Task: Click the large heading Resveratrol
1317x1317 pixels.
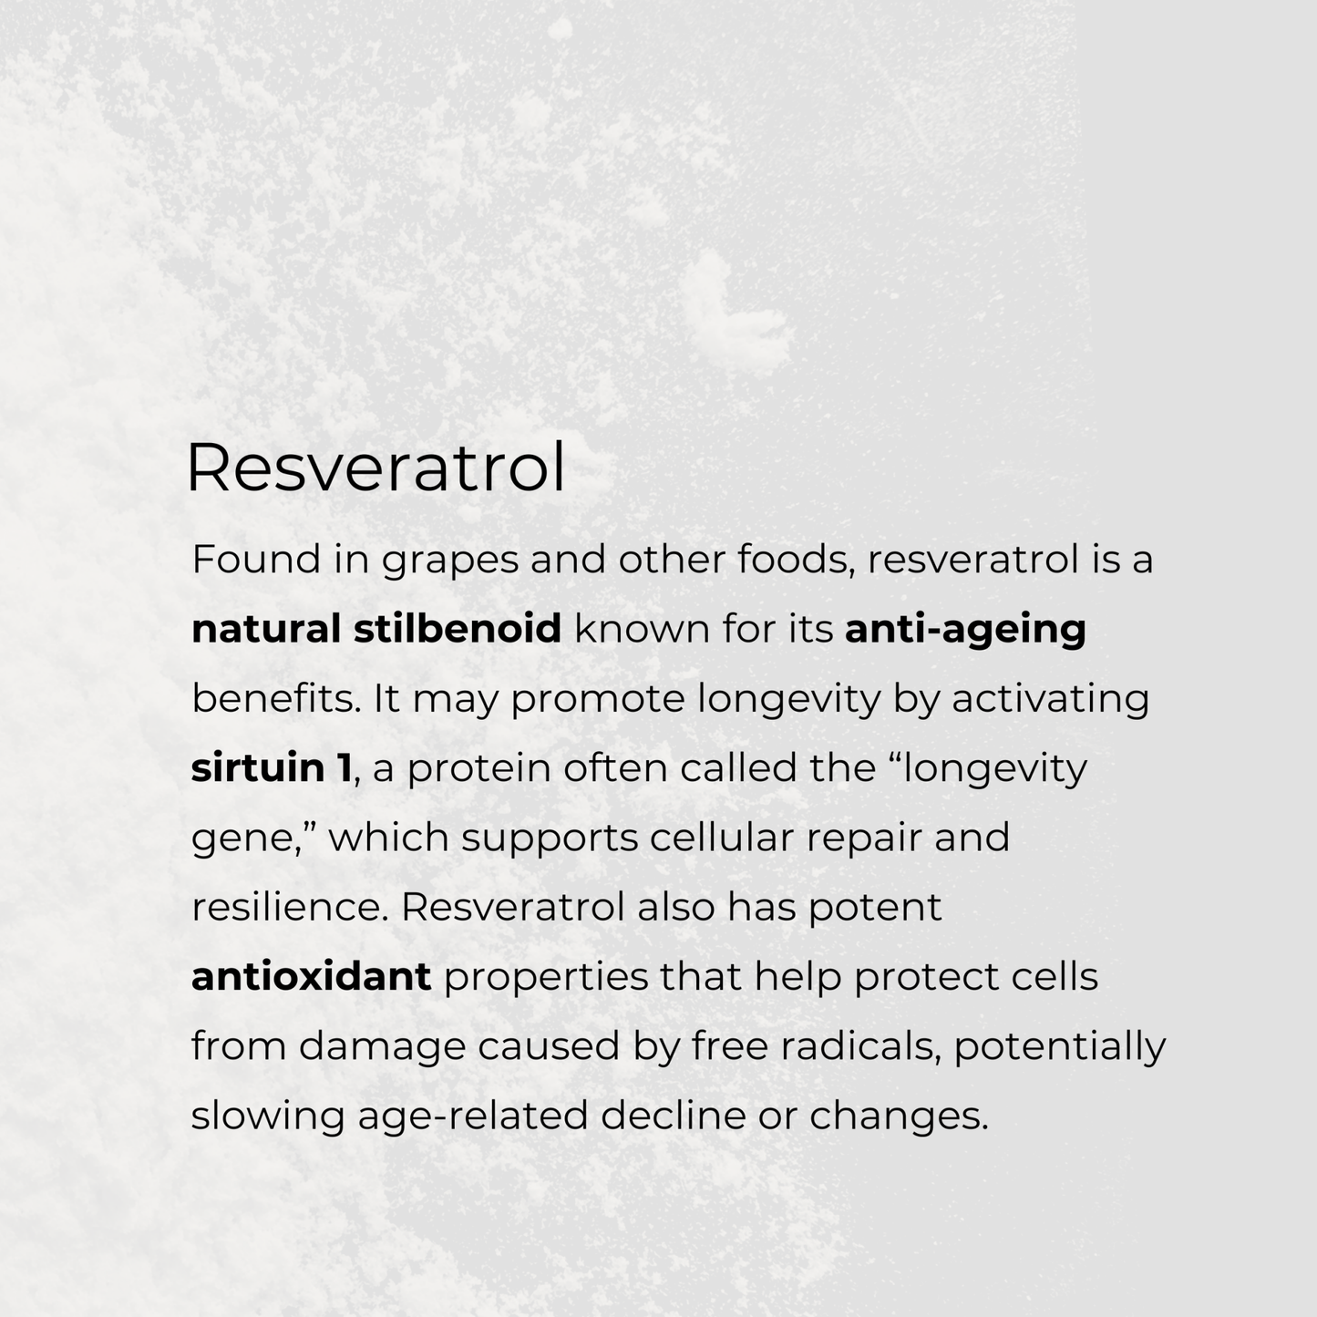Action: click(376, 468)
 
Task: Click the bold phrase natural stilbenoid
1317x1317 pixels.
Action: click(376, 629)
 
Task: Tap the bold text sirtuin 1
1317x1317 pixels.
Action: click(271, 768)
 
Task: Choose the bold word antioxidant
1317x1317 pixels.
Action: click(311, 977)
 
